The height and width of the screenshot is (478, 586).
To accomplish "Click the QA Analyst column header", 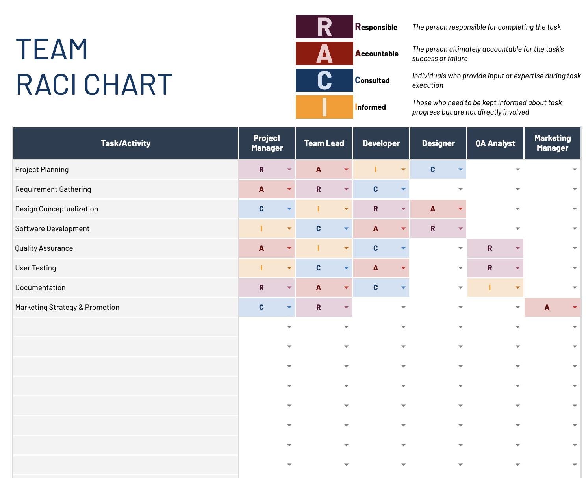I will coord(495,143).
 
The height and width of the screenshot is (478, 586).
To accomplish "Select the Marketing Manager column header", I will coord(552,143).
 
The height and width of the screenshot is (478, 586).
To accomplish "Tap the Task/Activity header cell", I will coord(126,143).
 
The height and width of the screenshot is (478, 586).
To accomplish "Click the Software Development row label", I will coord(52,229).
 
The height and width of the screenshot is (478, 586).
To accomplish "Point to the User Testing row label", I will coord(35,268).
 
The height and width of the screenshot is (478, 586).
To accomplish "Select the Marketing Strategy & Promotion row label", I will coord(67,308).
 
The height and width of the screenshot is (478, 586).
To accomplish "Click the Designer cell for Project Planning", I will coord(432,170).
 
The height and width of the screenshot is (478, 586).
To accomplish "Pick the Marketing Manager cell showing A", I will coord(547,308).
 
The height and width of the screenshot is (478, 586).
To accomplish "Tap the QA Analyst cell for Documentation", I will coord(490,288).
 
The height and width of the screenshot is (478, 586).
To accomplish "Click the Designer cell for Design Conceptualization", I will coord(432,209).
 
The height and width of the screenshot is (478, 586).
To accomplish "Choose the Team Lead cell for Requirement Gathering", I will coord(318,189).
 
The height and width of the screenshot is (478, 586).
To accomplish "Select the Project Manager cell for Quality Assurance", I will coord(261,248).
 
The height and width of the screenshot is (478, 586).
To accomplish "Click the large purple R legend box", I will coord(324,27).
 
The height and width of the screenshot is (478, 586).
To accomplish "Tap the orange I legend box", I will coord(324,107).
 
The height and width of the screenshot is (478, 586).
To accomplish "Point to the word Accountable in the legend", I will coord(377,54).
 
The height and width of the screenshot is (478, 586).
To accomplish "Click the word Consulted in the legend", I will coord(372,80).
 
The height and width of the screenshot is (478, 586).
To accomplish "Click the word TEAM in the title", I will coord(52,50).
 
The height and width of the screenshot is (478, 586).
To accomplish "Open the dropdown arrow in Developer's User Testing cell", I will coord(403,268).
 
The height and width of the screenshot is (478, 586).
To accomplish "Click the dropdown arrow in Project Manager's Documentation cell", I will coord(289,288).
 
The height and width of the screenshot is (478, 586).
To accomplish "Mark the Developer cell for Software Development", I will coord(375,229).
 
